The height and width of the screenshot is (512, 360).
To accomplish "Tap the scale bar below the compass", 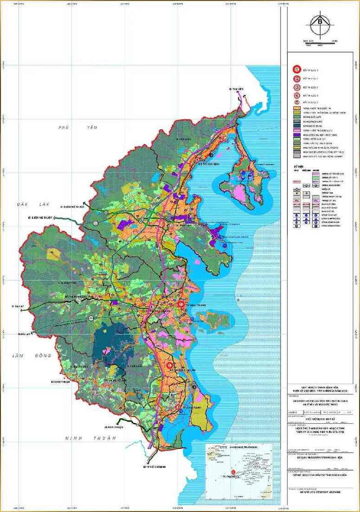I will coord(320,43).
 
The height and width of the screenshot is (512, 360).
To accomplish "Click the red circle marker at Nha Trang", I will coord(181,304).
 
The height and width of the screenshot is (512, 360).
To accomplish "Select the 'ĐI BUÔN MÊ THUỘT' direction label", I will coord(72,207).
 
